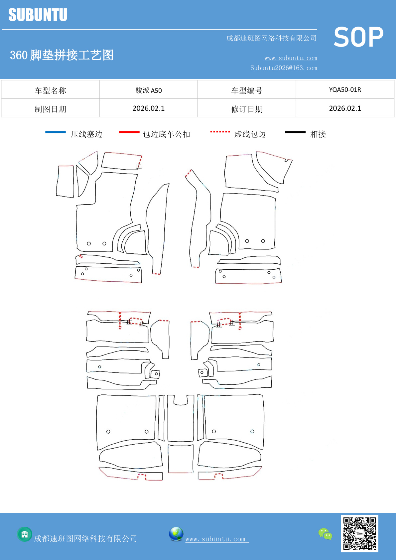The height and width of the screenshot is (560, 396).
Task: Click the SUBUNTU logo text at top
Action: click(38, 15)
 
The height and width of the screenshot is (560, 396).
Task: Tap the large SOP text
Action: click(358, 37)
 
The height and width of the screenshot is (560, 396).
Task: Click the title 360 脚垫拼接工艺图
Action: click(62, 55)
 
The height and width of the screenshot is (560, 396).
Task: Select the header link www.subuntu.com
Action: click(291, 58)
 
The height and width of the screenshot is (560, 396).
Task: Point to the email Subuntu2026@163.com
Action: click(284, 68)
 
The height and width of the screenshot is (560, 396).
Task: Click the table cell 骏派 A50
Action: click(149, 90)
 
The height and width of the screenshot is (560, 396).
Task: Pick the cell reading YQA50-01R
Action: click(345, 90)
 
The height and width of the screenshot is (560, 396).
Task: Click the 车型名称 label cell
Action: click(51, 90)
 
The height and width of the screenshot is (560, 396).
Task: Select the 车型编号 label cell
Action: click(247, 90)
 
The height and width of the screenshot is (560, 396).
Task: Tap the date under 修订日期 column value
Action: click(345, 108)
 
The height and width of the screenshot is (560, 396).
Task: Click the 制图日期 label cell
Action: click(51, 109)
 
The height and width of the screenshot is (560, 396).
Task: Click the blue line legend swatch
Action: click(56, 132)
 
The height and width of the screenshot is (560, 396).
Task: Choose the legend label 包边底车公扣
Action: click(166, 134)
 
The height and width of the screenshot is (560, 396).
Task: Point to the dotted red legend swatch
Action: click(220, 132)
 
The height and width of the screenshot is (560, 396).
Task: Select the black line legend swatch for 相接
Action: click(295, 132)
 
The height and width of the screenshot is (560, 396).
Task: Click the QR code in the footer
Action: click(359, 533)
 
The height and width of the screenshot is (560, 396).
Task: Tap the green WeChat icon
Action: click(325, 534)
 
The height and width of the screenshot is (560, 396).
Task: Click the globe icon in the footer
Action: click(176, 534)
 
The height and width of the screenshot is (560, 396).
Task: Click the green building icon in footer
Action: click(25, 534)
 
